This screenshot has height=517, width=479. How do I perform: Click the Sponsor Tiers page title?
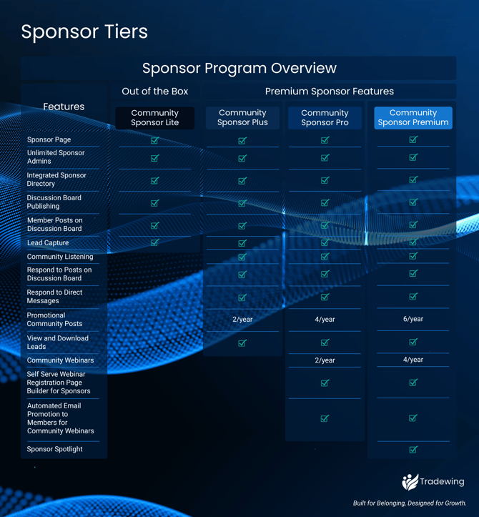click(x=84, y=32)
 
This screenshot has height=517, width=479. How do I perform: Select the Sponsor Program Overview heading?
click(x=239, y=69)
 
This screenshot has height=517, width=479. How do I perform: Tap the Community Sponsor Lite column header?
click(x=155, y=118)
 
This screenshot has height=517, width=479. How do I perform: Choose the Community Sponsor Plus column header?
click(x=242, y=118)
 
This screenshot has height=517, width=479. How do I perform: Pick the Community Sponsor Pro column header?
click(x=325, y=118)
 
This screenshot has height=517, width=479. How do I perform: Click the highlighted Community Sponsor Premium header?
click(x=413, y=118)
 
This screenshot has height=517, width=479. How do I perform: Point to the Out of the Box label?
click(x=155, y=92)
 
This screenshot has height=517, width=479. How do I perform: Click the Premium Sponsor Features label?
click(x=329, y=92)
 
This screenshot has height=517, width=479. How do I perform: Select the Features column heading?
click(x=64, y=107)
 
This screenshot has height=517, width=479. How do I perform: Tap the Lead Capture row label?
click(x=48, y=243)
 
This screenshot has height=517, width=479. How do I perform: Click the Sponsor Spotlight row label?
click(x=54, y=449)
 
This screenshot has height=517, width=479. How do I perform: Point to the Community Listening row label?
click(x=60, y=257)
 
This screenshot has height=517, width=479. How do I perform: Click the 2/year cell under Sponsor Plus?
click(x=242, y=320)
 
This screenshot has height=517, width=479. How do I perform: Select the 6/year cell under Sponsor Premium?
click(x=413, y=319)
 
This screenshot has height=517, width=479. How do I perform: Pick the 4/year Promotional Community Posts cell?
click(x=325, y=320)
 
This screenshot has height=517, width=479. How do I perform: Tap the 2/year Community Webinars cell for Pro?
click(x=325, y=360)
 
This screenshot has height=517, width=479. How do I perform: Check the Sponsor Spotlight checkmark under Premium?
click(x=413, y=450)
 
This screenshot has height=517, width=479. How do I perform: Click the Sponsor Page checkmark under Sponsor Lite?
click(x=155, y=141)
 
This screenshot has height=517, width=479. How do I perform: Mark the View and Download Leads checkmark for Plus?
click(x=242, y=343)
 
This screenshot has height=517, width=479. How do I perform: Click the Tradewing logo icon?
click(x=410, y=482)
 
